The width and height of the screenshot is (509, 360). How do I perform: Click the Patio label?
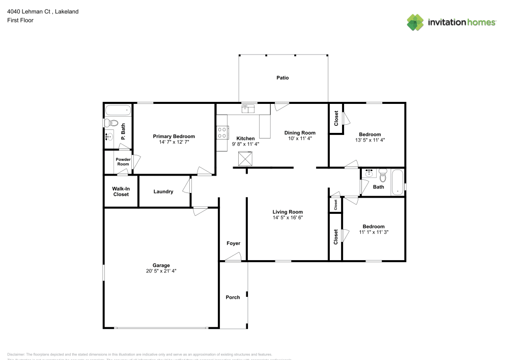point(282,78)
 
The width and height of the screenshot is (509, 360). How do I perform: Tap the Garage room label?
point(161,265)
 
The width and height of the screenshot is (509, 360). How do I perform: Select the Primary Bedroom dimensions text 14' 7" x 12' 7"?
point(174,143)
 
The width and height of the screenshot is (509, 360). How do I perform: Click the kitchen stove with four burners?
point(222,133)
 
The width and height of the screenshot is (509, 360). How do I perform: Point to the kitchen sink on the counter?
point(248,107)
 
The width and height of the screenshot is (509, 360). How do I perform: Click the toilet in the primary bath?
point(111,123)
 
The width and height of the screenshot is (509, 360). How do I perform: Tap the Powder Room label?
point(123,162)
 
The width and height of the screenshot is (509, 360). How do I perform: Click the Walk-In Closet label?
point(121,191)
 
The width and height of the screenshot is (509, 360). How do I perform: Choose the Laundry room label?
point(163,192)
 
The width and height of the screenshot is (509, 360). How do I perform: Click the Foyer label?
point(233,243)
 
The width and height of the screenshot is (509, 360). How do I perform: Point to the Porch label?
point(233,297)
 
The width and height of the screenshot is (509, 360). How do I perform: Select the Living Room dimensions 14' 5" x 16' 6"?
point(288,218)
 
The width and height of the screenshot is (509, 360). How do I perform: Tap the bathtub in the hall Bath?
point(397,182)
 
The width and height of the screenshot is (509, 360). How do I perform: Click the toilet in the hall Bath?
point(383,175)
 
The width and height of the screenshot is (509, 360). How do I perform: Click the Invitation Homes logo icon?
point(415,22)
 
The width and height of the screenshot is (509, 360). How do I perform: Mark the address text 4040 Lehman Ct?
point(28,11)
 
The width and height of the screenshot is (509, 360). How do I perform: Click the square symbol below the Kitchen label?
point(246,159)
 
